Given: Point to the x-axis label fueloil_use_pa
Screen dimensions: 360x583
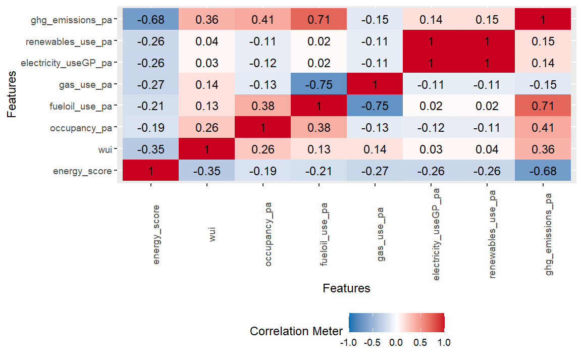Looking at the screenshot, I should coord(324,234).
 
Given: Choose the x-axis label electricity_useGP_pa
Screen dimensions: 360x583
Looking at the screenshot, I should coord(436,234).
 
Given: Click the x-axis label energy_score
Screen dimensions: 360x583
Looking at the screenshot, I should coord(156,234).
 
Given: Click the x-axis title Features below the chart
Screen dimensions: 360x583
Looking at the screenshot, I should coord(346,288).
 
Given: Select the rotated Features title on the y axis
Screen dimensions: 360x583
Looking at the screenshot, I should coord(12,95).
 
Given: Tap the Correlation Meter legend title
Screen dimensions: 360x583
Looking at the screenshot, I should coord(296,331).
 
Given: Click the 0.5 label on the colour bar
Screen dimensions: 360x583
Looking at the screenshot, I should coord(420,342).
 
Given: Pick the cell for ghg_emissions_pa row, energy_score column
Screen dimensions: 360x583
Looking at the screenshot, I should coord(150,20).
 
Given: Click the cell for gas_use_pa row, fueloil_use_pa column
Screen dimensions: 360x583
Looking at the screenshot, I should coord(319,85).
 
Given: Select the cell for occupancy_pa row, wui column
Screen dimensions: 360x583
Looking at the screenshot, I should coord(206,128).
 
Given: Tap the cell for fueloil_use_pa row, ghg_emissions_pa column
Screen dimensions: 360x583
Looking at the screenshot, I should coord(543,107).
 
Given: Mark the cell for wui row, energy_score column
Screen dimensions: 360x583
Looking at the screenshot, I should coord(150,149).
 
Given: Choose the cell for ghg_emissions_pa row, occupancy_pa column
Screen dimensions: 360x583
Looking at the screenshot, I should coord(262,20).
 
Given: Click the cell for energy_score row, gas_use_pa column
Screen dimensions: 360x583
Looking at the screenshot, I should coord(375,171).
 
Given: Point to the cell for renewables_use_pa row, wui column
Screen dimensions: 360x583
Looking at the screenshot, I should coord(206,42).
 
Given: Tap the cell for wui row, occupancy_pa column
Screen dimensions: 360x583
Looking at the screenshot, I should coord(262,149).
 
